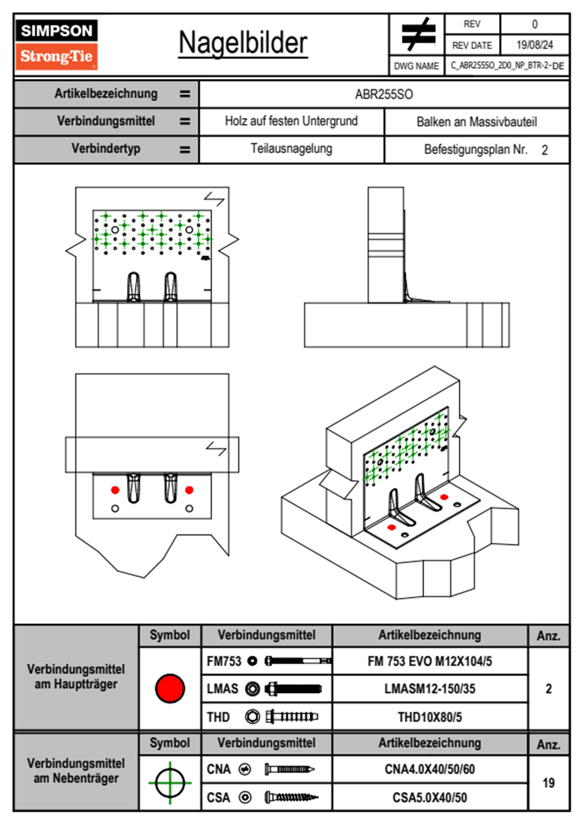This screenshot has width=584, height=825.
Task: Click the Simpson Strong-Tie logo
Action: click(56, 45)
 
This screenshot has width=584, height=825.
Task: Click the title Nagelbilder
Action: click(243, 43)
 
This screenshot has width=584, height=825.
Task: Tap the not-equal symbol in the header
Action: click(418, 33)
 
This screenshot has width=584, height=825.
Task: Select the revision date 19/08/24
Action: click(534, 45)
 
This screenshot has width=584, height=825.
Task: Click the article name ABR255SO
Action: click(384, 95)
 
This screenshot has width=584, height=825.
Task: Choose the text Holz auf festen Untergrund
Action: click(292, 121)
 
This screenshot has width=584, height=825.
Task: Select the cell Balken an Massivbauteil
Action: click(477, 122)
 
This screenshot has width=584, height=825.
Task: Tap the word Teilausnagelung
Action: click(292, 149)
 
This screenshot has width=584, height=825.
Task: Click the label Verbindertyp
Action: click(106, 149)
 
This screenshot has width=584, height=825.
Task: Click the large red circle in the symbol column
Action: click(170, 688)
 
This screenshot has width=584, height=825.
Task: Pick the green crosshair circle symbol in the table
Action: click(170, 783)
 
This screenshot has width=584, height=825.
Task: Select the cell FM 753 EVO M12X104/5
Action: click(429, 662)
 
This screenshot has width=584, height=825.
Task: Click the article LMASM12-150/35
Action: click(429, 689)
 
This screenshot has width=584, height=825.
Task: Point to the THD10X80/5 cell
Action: click(429, 717)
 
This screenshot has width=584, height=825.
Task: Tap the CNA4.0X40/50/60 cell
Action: click(429, 770)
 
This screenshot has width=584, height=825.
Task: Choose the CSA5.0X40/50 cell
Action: click(429, 798)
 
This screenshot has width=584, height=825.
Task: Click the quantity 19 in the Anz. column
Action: click(549, 783)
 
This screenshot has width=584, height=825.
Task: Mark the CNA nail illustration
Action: click(290, 769)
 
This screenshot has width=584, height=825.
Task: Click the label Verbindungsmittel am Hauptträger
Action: click(76, 676)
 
